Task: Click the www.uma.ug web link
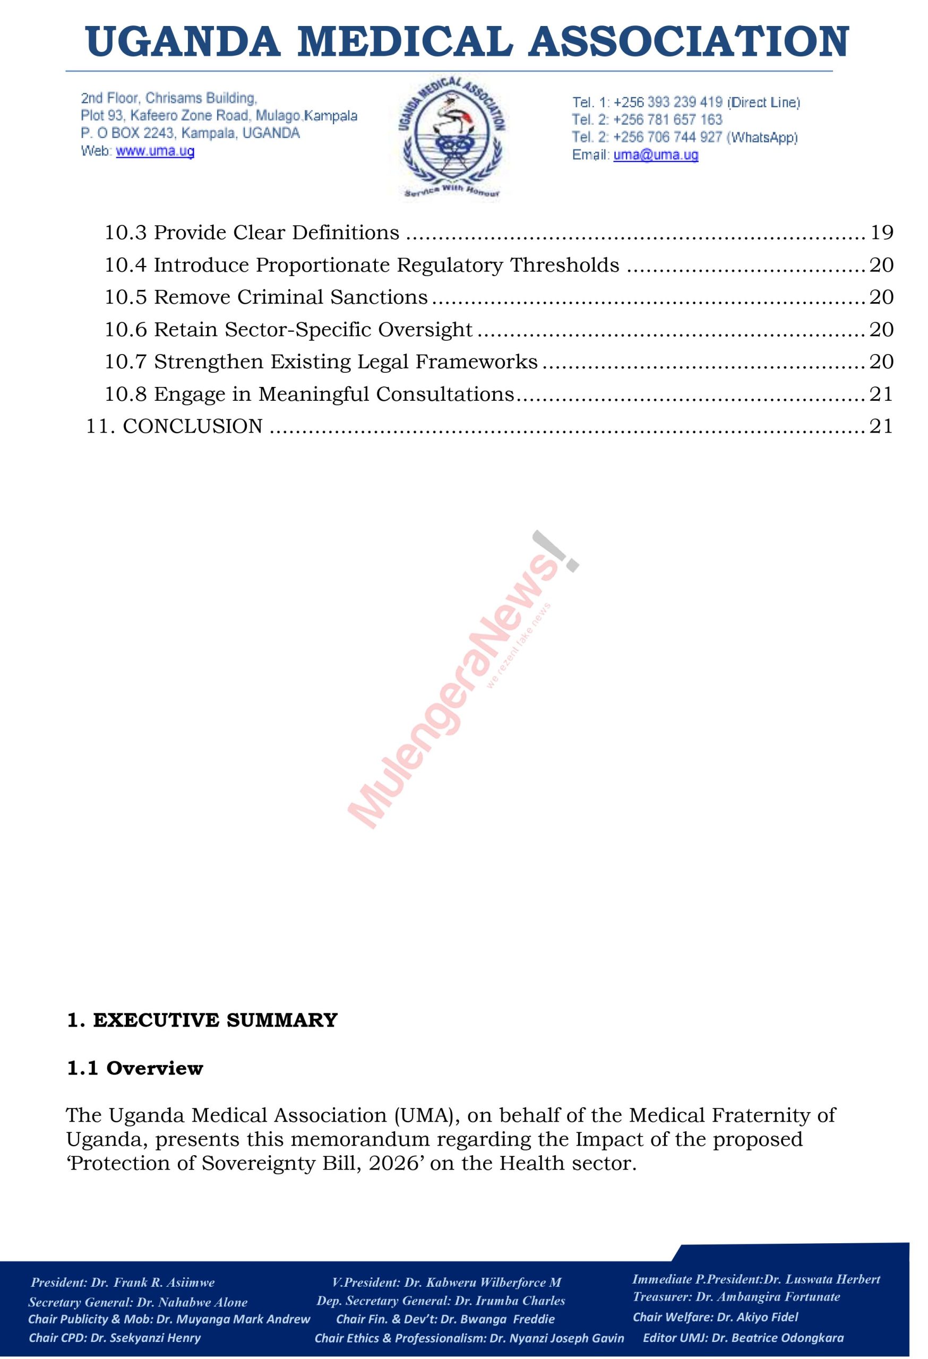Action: click(x=155, y=151)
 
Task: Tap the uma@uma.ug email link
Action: click(x=656, y=155)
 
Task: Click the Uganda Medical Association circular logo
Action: click(x=452, y=139)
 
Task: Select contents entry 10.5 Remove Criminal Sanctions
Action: click(x=266, y=297)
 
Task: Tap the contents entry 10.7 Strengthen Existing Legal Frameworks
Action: click(x=321, y=362)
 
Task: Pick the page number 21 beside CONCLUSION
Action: click(x=881, y=426)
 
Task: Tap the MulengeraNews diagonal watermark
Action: click(x=456, y=684)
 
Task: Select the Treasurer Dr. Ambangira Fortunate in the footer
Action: click(x=768, y=1296)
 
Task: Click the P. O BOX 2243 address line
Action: click(x=190, y=133)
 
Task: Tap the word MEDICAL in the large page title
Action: click(x=409, y=42)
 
